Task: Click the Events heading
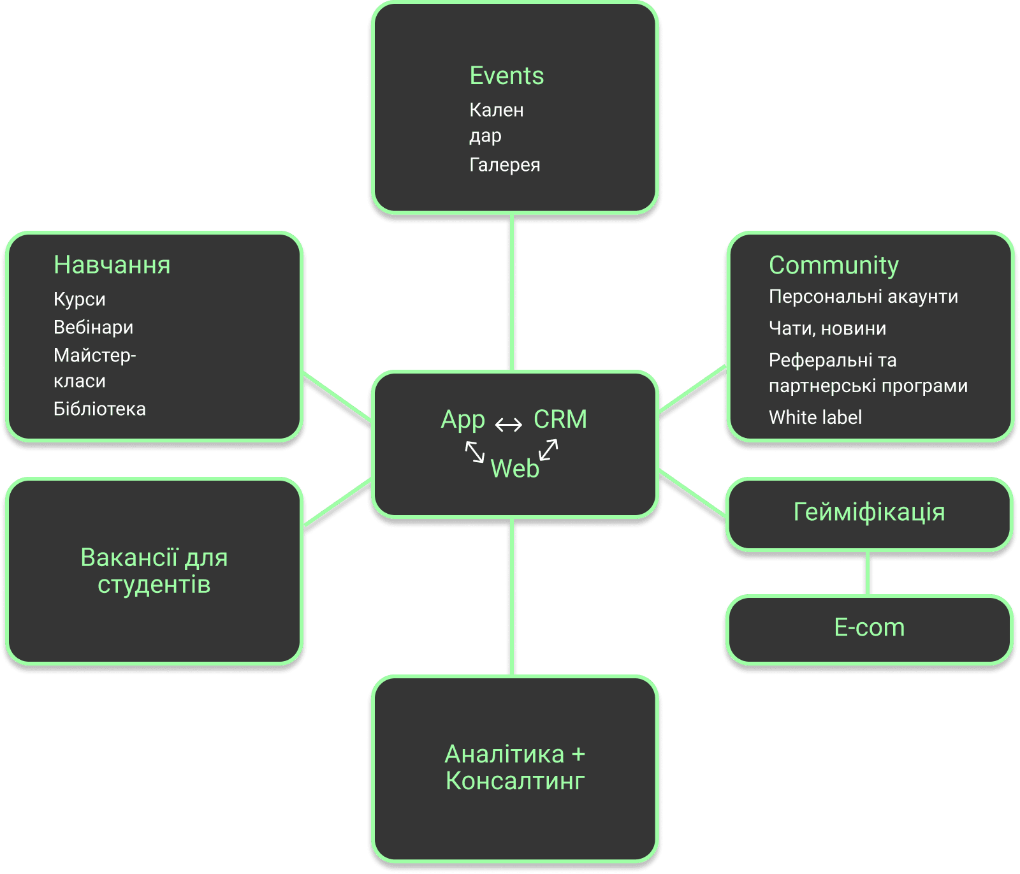point(506,76)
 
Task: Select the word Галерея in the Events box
point(504,165)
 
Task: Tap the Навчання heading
point(112,265)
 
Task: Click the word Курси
point(79,299)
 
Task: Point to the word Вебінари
point(93,327)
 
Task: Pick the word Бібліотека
point(99,409)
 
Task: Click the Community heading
point(833,265)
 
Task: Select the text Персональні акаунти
point(863,296)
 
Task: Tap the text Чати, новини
point(827,328)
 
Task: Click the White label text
point(815,418)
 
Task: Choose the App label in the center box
point(463,420)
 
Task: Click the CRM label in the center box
point(560,419)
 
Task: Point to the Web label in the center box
point(514,469)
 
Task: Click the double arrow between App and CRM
point(509,425)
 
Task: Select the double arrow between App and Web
point(475,452)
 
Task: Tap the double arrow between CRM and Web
point(548,449)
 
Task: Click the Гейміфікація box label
point(869,512)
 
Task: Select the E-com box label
point(869,628)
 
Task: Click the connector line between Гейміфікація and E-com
point(868,573)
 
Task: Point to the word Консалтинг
point(514,781)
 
